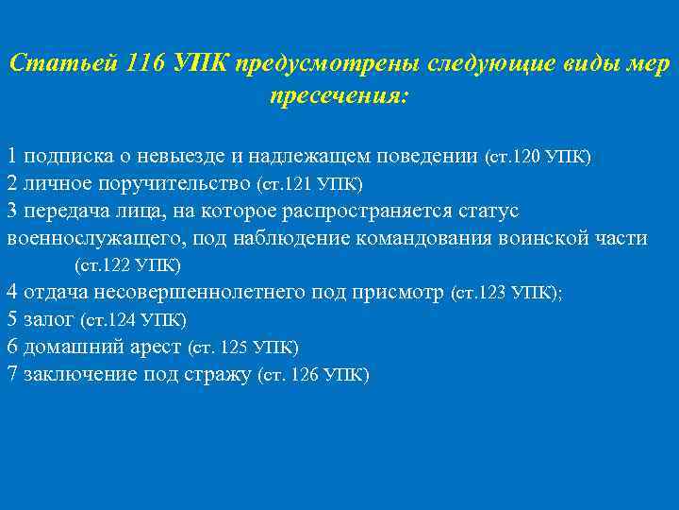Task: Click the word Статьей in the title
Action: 60,64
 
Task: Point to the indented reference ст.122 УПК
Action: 127,264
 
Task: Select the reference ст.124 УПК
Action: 134,320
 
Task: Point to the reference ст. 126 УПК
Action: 313,375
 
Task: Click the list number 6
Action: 11,347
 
